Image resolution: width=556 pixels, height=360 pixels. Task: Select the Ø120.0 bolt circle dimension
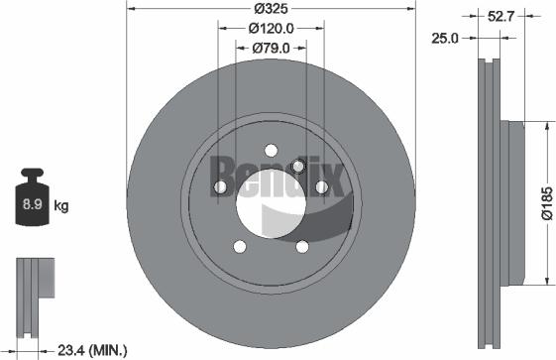[x=271, y=29]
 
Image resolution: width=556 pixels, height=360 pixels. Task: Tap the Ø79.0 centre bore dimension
[x=271, y=48]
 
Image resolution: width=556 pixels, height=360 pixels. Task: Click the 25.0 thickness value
[x=447, y=38]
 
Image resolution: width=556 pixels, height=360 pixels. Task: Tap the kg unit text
[x=60, y=206]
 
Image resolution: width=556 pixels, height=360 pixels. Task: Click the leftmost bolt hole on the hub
[x=220, y=187]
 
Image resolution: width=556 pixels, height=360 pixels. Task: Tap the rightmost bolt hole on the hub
[x=321, y=187]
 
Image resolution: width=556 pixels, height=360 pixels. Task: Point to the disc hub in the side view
[x=510, y=203]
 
